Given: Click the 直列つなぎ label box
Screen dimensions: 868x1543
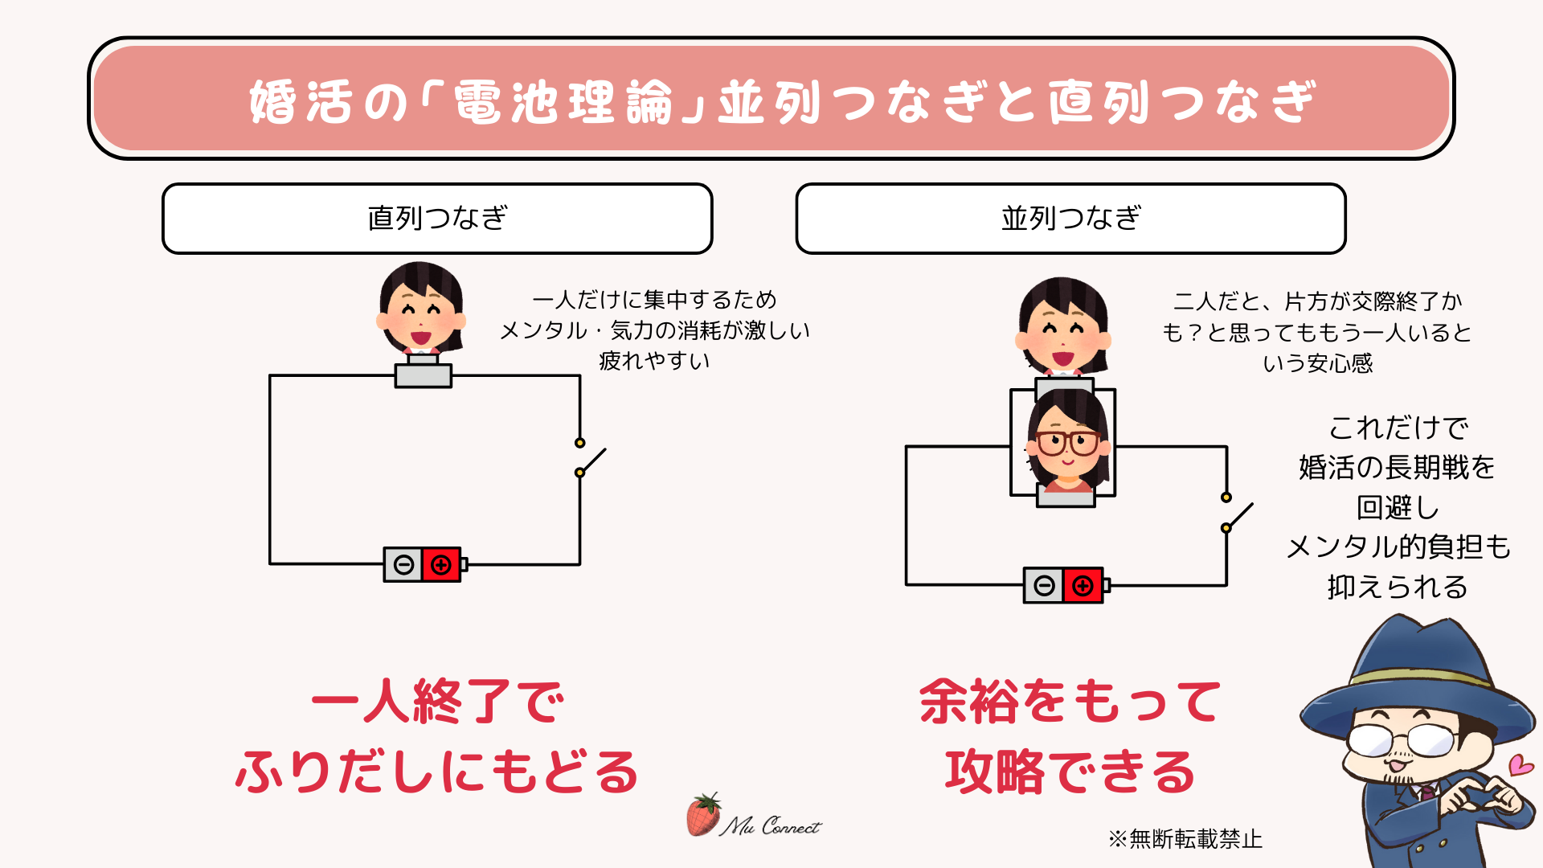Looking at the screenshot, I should [437, 219].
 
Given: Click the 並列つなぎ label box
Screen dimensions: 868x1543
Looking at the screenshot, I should [1070, 219].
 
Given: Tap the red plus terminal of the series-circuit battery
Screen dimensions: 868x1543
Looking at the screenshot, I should [441, 565].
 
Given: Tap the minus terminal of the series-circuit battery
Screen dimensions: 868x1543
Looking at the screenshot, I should [403, 565].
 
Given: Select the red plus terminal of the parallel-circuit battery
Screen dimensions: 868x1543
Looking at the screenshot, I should [1083, 585].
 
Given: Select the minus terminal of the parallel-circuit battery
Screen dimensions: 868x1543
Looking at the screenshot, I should [1044, 585].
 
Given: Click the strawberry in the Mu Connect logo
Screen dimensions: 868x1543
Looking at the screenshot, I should [702, 815].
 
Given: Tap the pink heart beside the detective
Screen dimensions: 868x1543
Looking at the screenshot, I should [1520, 764].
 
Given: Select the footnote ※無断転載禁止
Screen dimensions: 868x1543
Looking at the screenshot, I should [1185, 839].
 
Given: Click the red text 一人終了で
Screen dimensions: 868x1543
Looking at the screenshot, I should [438, 702].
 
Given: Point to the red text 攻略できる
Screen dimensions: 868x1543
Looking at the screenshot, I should [1070, 772].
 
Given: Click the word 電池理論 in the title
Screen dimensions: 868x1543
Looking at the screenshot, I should [563, 103].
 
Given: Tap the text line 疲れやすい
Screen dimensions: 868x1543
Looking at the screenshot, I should [654, 361].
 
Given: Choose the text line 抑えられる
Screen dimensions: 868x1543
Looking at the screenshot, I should [1398, 588].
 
